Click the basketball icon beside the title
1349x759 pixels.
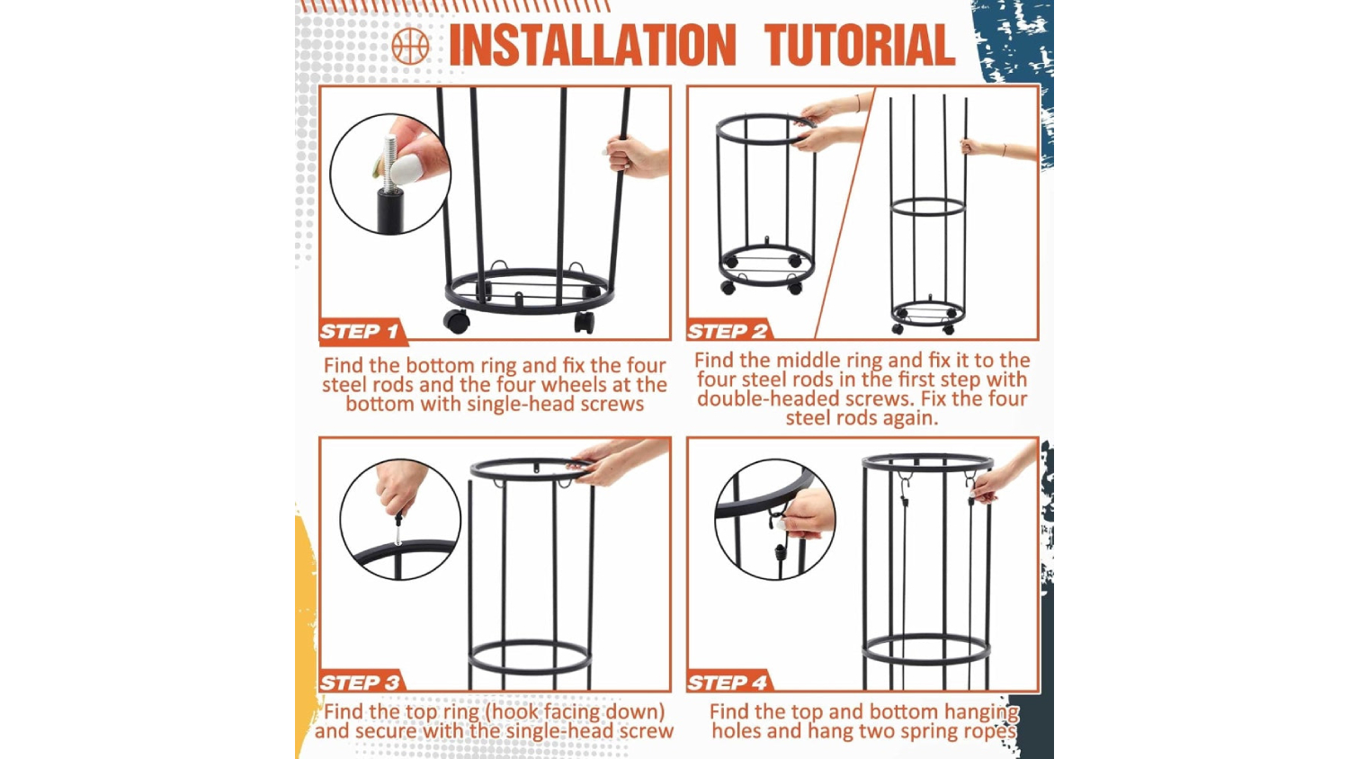410,46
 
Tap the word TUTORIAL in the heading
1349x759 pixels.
860,45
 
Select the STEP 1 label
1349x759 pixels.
359,331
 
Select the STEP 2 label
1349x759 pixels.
727,331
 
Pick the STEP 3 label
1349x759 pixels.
360,683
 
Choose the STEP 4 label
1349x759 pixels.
727,683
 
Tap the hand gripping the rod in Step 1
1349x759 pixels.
635,156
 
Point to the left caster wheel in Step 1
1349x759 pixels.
457,321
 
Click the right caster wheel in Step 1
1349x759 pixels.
584,322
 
